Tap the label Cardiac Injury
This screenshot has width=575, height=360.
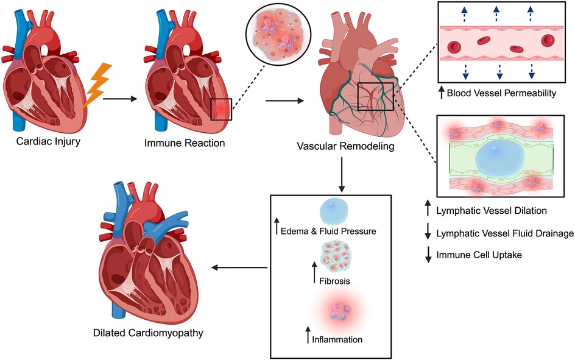[x=51, y=144]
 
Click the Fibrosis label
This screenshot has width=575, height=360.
[x=335, y=281]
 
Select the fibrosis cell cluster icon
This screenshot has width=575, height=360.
[x=334, y=255]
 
